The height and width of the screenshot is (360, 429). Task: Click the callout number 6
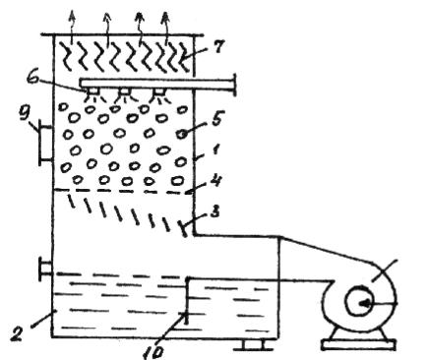[33, 80]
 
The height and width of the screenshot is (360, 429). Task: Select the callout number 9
[25, 114]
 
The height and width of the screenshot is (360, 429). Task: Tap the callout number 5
[216, 119]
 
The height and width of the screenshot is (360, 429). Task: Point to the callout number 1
[214, 150]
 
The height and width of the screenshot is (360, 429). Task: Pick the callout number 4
[215, 181]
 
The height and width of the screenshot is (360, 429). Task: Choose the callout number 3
[214, 212]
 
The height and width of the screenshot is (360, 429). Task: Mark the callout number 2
[16, 333]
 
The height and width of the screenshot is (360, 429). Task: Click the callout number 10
[153, 351]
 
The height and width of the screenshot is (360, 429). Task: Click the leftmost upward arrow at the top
[73, 27]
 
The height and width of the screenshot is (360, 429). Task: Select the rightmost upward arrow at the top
[166, 28]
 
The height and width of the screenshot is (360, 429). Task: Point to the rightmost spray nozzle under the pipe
[159, 91]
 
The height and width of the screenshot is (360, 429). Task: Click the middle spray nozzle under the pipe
[125, 91]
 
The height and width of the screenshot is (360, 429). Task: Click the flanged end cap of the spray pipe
[234, 85]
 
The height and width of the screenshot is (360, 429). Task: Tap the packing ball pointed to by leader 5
[182, 134]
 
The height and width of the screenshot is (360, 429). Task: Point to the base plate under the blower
[358, 345]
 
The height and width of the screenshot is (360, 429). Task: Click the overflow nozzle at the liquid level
[45, 270]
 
